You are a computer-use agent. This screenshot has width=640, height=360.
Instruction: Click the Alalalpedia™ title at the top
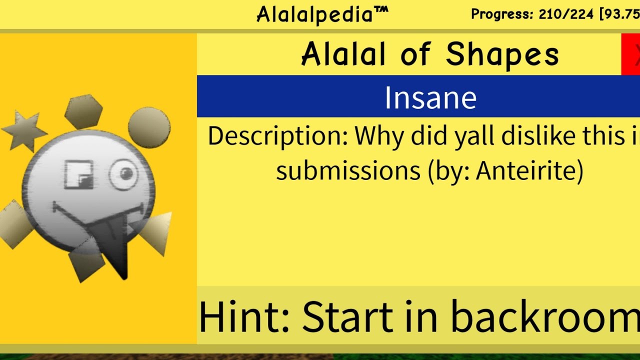pyautogui.click(x=322, y=14)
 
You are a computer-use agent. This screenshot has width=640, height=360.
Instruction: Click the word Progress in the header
pyautogui.click(x=502, y=14)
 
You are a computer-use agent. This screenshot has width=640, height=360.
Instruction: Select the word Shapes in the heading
pyautogui.click(x=502, y=54)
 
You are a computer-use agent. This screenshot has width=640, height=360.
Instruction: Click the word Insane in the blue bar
pyautogui.click(x=430, y=98)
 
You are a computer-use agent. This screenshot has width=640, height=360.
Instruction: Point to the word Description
pyautogui.click(x=277, y=136)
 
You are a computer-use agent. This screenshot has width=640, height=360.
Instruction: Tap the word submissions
pyautogui.click(x=348, y=170)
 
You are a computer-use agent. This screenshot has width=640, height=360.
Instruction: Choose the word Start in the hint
pyautogui.click(x=347, y=317)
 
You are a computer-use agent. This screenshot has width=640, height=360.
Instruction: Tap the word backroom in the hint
pyautogui.click(x=545, y=317)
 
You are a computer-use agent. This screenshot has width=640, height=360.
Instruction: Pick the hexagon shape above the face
pyautogui.click(x=83, y=111)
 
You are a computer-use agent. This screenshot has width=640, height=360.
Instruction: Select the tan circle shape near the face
pyautogui.click(x=149, y=127)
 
